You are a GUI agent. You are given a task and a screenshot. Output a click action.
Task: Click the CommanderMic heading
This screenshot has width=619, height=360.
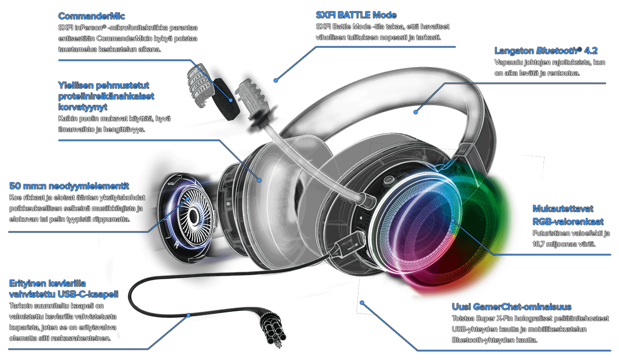[x=92, y=16]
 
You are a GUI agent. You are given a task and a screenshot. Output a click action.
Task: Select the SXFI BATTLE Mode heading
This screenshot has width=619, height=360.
[x=356, y=15]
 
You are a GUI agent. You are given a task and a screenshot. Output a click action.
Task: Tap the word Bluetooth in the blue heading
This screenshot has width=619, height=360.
[x=556, y=51]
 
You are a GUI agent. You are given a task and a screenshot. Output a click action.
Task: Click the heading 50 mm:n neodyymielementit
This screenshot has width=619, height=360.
[x=69, y=186]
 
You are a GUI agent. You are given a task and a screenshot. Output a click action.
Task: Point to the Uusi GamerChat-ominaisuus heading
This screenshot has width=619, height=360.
[x=512, y=307]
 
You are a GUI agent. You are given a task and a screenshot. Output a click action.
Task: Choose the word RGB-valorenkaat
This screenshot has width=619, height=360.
[x=568, y=222]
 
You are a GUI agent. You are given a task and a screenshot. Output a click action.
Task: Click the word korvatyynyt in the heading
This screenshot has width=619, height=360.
[x=83, y=107]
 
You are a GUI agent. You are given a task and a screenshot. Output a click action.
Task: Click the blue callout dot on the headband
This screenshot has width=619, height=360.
[x=416, y=112]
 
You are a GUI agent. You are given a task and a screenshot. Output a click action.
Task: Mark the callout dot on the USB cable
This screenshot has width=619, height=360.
[x=188, y=315]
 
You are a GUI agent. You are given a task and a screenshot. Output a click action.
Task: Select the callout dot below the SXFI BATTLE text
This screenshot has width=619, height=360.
[x=276, y=80]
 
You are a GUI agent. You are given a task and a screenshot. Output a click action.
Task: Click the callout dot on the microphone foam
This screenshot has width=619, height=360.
[x=231, y=100]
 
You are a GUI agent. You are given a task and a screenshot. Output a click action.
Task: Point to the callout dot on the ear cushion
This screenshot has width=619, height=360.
[x=259, y=180]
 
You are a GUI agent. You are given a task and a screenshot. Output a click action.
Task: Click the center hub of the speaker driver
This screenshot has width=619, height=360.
[x=194, y=216]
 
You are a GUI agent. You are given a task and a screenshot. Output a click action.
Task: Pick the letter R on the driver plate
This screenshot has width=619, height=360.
[x=176, y=245]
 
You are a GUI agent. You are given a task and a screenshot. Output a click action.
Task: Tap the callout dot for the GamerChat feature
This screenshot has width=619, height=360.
[x=362, y=303]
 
